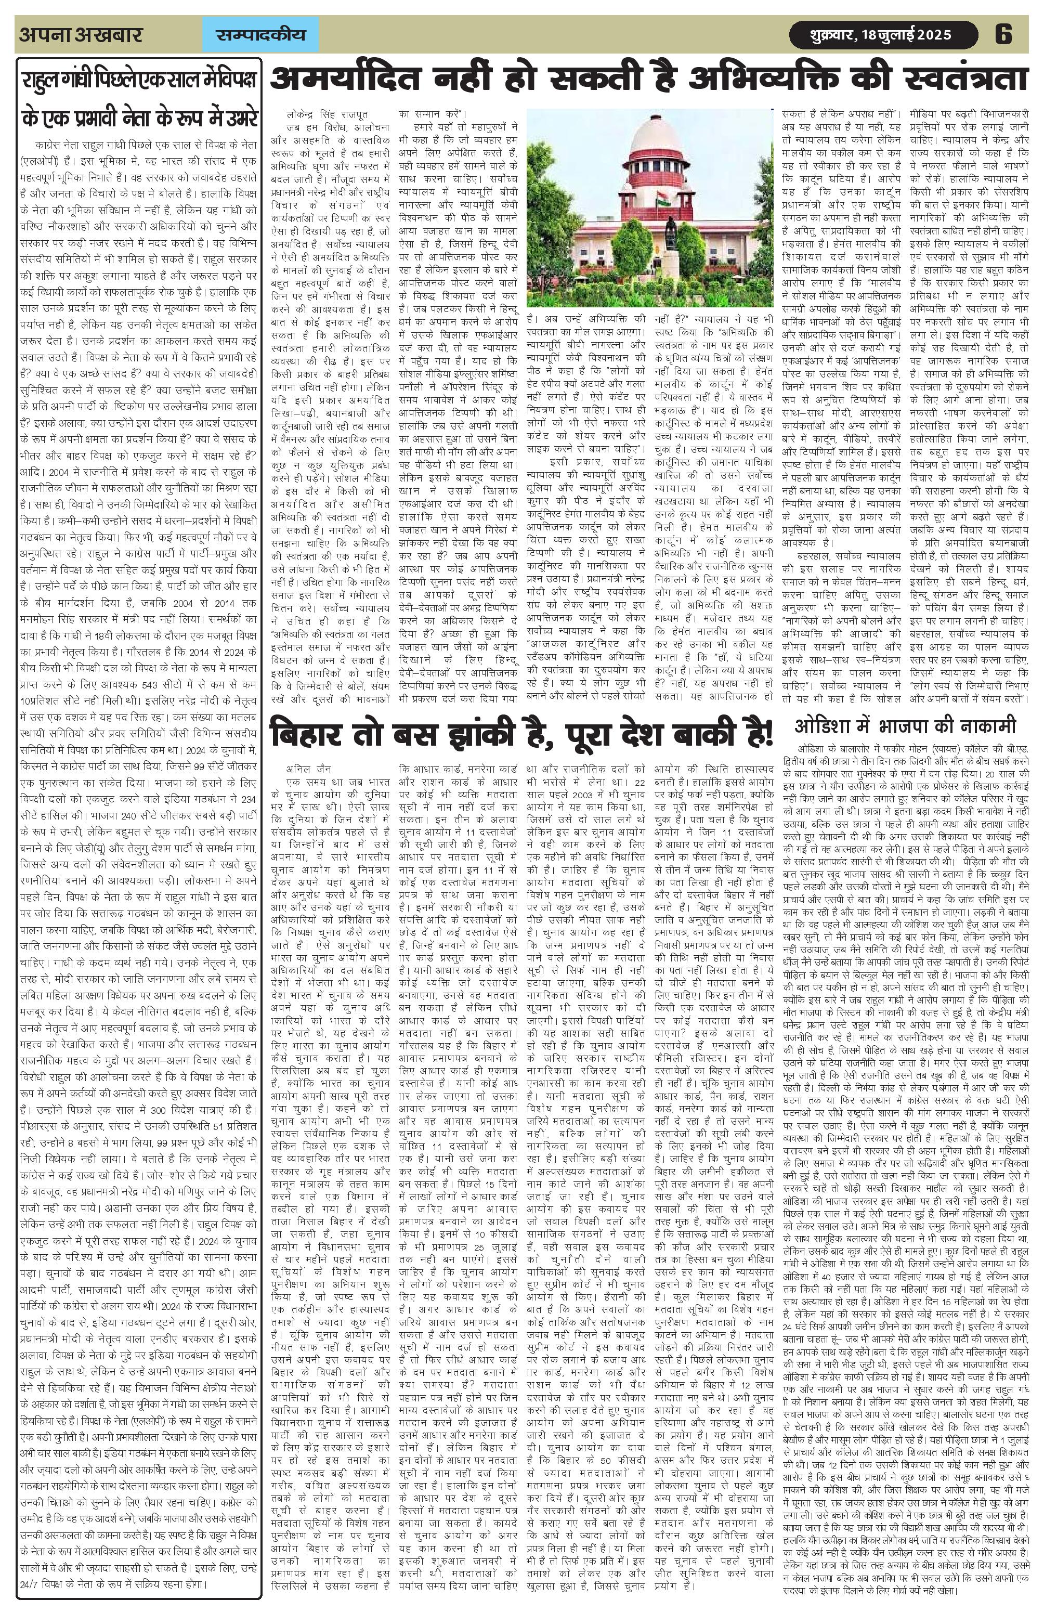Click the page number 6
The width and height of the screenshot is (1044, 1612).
1003,34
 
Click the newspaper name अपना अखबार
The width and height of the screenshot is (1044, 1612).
81,34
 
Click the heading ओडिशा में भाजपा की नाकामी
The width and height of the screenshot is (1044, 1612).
905,727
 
